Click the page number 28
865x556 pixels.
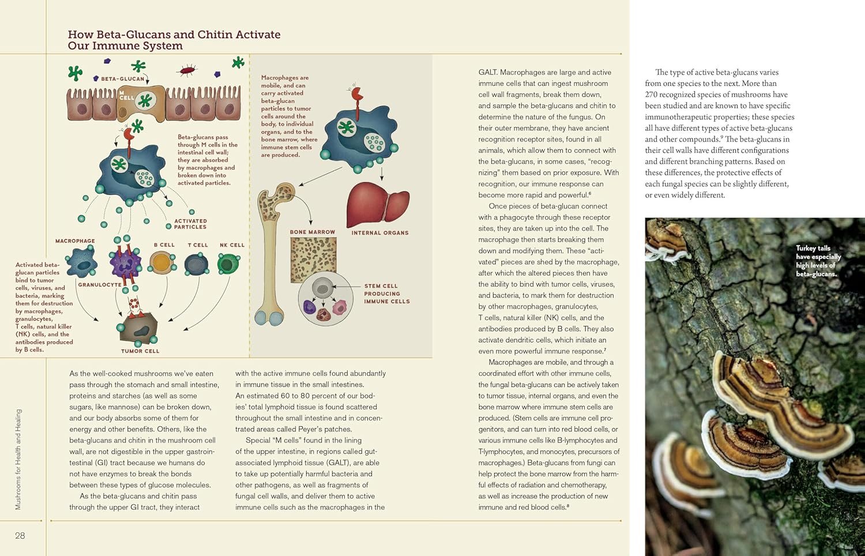click(20, 536)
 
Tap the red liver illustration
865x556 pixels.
click(378, 204)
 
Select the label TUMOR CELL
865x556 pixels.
click(140, 351)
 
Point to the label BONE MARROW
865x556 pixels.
click(313, 232)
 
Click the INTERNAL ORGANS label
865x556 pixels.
click(380, 232)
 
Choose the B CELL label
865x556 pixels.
click(164, 245)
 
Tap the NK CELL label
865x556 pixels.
click(232, 245)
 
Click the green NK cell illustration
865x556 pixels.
click(228, 264)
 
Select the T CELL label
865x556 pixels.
click(198, 245)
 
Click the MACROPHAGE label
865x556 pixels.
click(75, 241)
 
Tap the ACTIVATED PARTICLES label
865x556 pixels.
click(190, 224)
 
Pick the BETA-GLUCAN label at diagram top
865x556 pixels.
click(123, 78)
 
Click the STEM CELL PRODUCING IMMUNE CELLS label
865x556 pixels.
click(386, 294)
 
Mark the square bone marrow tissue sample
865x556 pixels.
click(313, 260)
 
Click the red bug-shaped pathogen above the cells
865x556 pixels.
click(187, 70)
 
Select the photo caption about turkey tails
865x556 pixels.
click(818, 261)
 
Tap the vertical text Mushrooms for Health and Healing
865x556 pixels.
click(18, 459)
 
